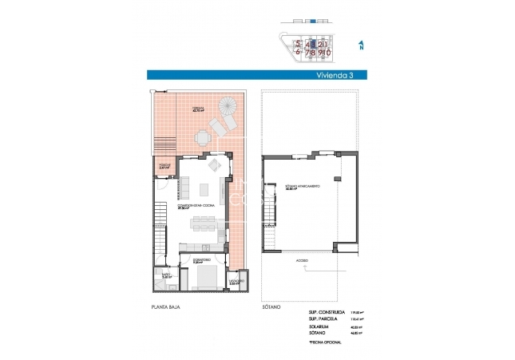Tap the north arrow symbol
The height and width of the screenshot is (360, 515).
coord(362,45)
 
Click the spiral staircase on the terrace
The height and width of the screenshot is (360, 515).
coord(226,107)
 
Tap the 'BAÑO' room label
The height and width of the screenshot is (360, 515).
coord(165,275)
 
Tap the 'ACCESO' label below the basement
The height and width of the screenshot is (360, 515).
coord(302,261)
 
